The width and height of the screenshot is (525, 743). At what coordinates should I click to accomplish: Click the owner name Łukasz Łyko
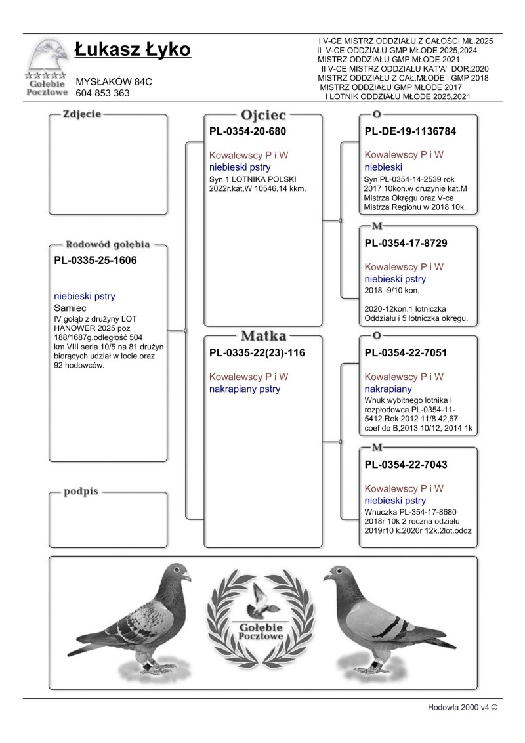[x=133, y=50]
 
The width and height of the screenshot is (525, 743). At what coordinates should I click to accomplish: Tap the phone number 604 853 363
[x=103, y=93]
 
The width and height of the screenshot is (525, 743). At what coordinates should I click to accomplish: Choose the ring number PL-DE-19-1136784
[x=410, y=131]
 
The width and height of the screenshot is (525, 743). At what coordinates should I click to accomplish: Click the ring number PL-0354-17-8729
[x=406, y=243]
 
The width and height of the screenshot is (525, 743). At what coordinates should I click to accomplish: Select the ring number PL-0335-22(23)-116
[x=257, y=353]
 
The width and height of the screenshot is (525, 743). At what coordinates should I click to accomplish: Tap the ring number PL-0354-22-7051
[x=406, y=353]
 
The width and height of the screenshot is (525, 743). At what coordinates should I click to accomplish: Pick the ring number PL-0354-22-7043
[x=406, y=465]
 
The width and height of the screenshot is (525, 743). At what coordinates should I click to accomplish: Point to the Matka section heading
[x=264, y=337]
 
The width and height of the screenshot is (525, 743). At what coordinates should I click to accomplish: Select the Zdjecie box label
[x=81, y=114]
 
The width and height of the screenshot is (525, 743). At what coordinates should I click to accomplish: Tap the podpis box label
[x=81, y=492]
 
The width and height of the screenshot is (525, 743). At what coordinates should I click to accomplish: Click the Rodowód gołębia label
[x=108, y=244]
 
